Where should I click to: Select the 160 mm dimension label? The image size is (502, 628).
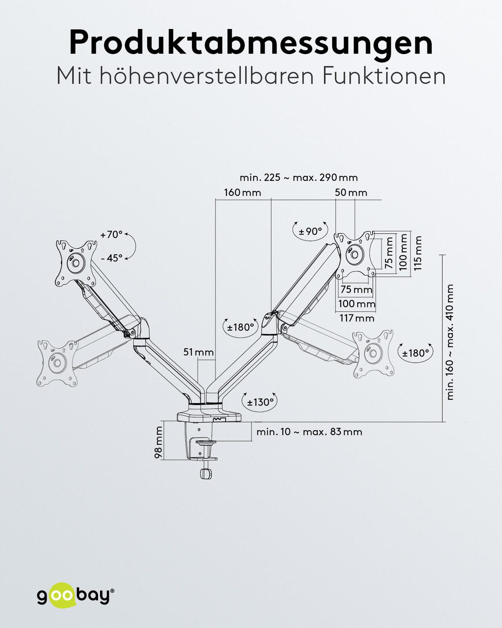coord(242,193)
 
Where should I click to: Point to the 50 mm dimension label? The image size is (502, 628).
coord(351,193)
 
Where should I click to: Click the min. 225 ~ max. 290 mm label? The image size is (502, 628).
coord(298,177)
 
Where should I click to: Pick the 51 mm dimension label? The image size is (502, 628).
coord(198,352)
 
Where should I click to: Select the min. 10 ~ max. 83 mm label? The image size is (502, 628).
coord(309,432)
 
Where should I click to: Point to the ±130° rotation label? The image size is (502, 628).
coord(260,402)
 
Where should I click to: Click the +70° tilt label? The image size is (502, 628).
coord(111,235)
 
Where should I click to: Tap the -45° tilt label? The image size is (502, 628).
coord(111,258)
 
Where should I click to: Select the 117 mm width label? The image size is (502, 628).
coord(357,318)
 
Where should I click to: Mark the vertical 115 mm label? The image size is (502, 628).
coord(418,253)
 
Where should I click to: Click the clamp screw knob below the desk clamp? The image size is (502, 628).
coord(206,473)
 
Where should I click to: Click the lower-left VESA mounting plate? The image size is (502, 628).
coord(57,363)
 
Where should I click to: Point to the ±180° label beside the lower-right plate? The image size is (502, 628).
coord(416,353)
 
